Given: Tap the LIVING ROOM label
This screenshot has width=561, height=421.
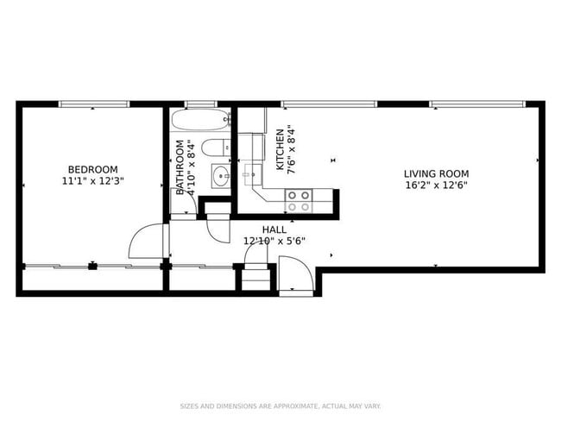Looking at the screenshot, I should point(436,173).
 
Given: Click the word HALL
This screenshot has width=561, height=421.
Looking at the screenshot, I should point(274,229).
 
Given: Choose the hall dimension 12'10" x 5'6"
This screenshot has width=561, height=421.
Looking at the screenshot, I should point(274,242).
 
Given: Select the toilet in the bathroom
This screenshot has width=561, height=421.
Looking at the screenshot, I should point(217,148).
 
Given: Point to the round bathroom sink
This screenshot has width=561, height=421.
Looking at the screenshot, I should point(220,179).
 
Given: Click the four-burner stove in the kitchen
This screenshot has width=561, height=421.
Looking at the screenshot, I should point(299,201).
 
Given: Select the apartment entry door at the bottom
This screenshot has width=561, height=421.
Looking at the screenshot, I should point(296,280).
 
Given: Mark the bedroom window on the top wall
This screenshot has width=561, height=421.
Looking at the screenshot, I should point(93,104).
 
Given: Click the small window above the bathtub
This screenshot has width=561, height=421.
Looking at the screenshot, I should point(200,104).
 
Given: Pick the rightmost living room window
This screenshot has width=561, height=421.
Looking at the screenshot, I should point(477,104).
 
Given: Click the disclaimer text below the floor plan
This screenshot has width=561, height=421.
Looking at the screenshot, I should point(280,405).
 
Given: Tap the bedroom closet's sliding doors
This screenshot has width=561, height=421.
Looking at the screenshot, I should point(91,267).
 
